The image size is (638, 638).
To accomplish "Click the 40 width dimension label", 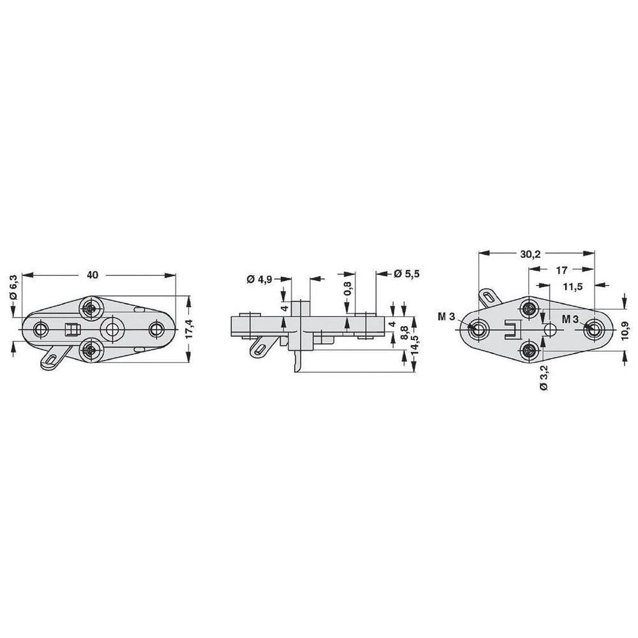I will pyautogui.click(x=93, y=275).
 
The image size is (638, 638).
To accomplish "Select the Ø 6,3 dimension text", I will pyautogui.click(x=13, y=288).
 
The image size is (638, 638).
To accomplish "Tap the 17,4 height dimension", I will pyautogui.click(x=189, y=329).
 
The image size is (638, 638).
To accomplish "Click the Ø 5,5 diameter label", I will pyautogui.click(x=406, y=273).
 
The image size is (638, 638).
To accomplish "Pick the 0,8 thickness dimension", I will pyautogui.click(x=346, y=289).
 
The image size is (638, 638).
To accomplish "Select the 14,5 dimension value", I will pyautogui.click(x=414, y=346).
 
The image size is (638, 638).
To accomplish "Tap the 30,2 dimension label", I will pyautogui.click(x=530, y=254).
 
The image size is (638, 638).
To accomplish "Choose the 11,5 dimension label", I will pyautogui.click(x=572, y=286).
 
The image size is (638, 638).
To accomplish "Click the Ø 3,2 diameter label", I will pyautogui.click(x=543, y=378).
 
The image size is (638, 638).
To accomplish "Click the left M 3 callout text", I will pyautogui.click(x=446, y=317).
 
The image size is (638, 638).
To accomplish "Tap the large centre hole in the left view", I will pyautogui.click(x=114, y=329).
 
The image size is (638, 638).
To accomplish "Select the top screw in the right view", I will pyautogui.click(x=528, y=309).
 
